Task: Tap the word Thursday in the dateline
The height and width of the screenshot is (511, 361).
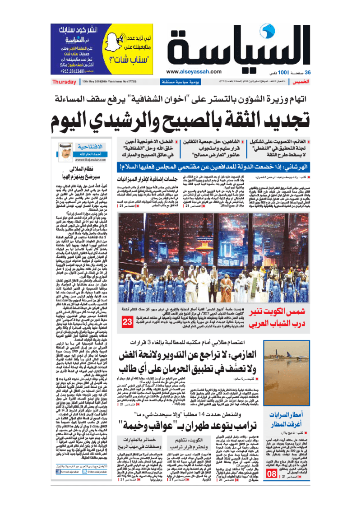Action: coord(64,82)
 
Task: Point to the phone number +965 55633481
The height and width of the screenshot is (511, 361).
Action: coord(69,70)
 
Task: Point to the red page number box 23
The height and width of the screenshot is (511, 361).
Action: coord(127,333)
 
